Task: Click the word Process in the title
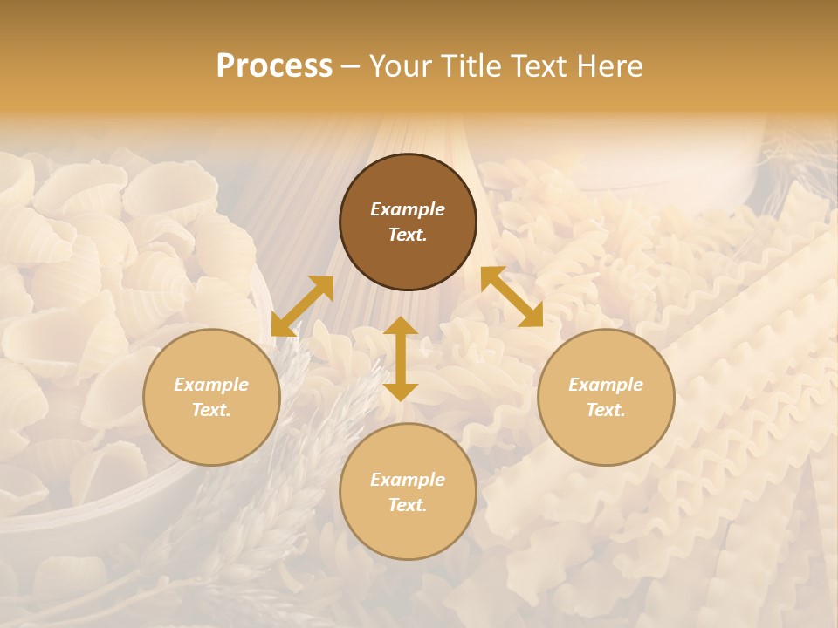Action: coord(274,66)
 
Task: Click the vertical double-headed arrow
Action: coord(401,358)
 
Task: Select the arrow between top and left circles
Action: coord(302,306)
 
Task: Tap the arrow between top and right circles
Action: coord(512,297)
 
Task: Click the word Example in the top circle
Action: coord(408,209)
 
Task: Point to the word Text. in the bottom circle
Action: coord(408,505)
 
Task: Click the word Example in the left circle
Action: coord(211,385)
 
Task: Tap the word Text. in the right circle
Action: coord(606,410)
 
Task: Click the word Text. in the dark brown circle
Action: coord(408,235)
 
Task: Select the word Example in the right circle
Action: coord(606,385)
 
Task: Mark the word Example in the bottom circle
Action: coord(408,480)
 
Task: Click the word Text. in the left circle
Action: coord(211,410)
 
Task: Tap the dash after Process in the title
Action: coord(350,66)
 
